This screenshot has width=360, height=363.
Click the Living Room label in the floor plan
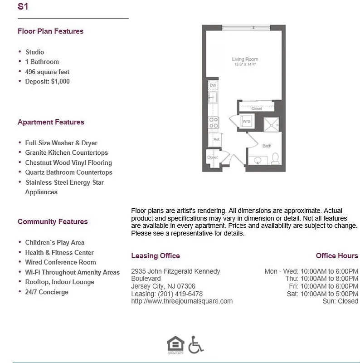click(x=244, y=59)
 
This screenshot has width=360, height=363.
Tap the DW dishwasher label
click(x=213, y=85)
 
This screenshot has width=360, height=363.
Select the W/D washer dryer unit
click(x=246, y=122)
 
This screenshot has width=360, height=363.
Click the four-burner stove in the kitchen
click(x=213, y=122)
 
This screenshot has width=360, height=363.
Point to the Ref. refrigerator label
click(x=216, y=140)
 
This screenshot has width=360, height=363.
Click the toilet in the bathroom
click(x=275, y=159)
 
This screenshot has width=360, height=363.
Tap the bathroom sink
click(x=257, y=160)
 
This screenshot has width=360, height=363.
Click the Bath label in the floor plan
click(x=267, y=146)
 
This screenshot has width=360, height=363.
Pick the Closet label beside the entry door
click(x=212, y=157)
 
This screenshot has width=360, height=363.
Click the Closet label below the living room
click(x=257, y=109)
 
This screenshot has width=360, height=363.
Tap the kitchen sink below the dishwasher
click(x=213, y=98)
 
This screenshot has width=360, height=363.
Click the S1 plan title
click(x=23, y=7)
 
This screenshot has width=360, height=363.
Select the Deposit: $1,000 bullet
click(x=47, y=82)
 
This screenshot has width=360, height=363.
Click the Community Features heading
click(x=53, y=221)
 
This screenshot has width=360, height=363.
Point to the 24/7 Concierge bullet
click(x=47, y=292)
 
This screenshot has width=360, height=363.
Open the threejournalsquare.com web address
click(x=181, y=301)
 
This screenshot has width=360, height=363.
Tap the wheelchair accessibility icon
click(x=195, y=344)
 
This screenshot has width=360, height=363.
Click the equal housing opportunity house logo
click(x=174, y=344)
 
